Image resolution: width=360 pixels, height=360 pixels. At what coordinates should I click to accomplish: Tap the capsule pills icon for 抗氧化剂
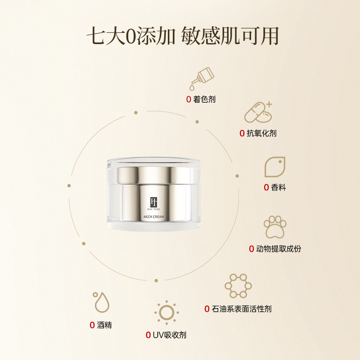tap(258, 113)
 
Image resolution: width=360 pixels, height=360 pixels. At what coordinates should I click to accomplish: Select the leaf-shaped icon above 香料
tap(274, 167)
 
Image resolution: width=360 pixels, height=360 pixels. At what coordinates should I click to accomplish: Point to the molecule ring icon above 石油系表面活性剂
tap(238, 286)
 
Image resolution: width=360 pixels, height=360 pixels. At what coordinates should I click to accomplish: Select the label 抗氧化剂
tap(261, 133)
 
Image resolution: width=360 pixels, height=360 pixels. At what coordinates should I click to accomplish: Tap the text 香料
tap(279, 188)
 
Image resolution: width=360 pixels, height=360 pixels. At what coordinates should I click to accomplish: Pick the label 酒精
tap(104, 325)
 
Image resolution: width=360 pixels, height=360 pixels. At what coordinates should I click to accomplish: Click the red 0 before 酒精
tap(92, 325)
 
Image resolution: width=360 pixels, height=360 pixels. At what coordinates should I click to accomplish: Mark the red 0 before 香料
tap(266, 188)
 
